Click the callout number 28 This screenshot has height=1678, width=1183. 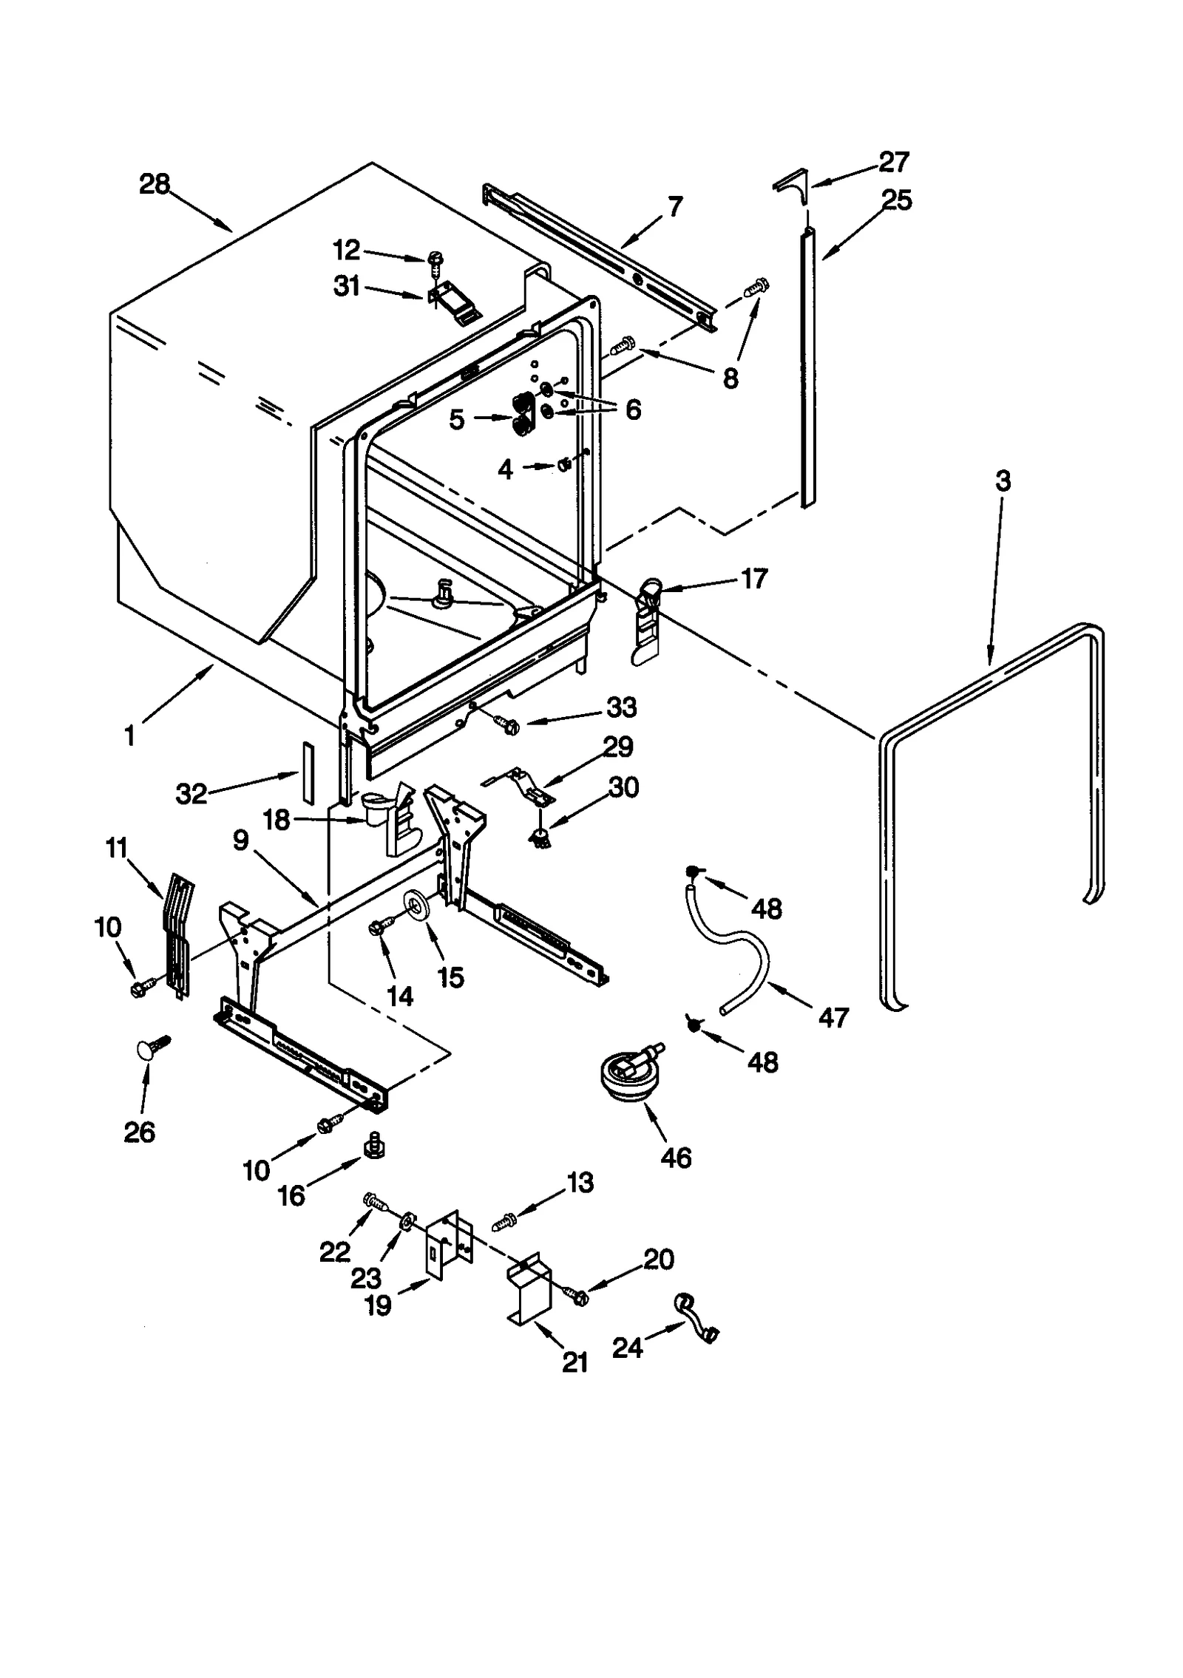click(x=155, y=183)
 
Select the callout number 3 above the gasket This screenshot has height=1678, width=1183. click(x=1002, y=481)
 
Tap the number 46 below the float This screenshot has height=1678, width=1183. click(x=676, y=1158)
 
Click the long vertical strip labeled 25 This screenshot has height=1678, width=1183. click(x=807, y=370)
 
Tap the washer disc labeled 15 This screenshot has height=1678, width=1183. click(x=417, y=906)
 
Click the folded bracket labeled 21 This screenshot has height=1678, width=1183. click(x=530, y=1287)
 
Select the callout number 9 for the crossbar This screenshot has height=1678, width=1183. click(x=240, y=841)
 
